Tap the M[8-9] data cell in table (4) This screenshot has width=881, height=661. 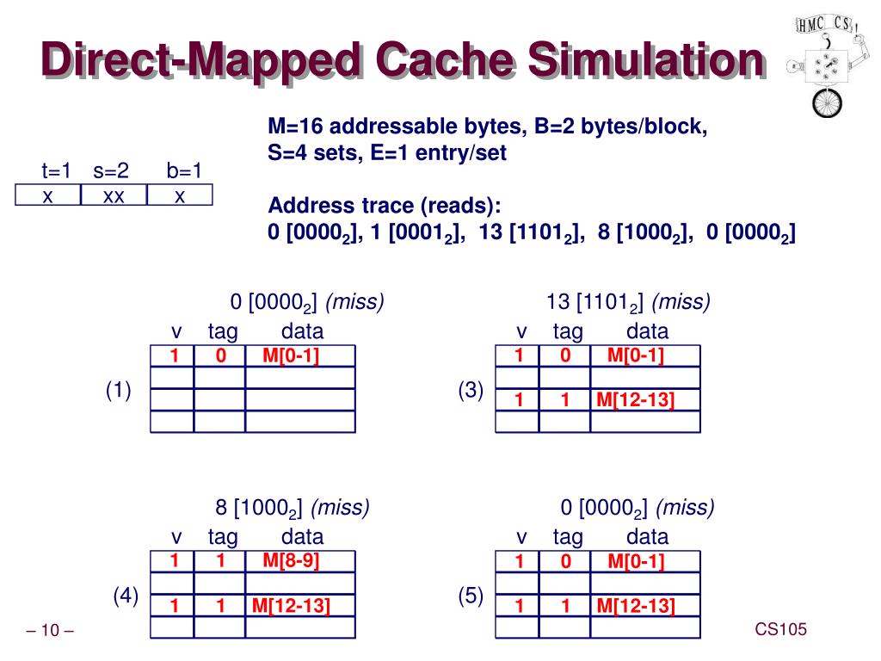pyautogui.click(x=291, y=561)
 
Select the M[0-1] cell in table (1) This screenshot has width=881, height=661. pyautogui.click(x=291, y=355)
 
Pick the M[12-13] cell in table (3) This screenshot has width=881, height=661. pyautogui.click(x=636, y=400)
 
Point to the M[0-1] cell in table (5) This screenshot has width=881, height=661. pyautogui.click(x=636, y=562)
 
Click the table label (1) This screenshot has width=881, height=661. pyautogui.click(x=118, y=391)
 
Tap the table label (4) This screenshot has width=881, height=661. pyautogui.click(x=126, y=596)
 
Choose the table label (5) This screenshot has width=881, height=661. pyautogui.click(x=471, y=596)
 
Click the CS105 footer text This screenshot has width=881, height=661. pyautogui.click(x=781, y=630)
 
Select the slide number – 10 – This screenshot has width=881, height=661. pyautogui.click(x=50, y=632)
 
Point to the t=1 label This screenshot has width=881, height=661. pyautogui.click(x=57, y=170)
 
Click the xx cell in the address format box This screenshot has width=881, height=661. pyautogui.click(x=114, y=196)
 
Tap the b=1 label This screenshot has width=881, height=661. pyautogui.click(x=184, y=170)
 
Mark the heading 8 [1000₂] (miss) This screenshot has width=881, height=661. pyautogui.click(x=293, y=508)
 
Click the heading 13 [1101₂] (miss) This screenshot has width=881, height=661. pyautogui.click(x=628, y=302)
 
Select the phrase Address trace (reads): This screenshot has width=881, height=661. pyautogui.click(x=385, y=207)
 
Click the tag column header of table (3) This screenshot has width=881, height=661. pyautogui.click(x=568, y=331)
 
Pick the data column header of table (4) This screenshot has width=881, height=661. pyautogui.click(x=303, y=537)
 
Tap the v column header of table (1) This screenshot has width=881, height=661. pyautogui.click(x=177, y=331)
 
